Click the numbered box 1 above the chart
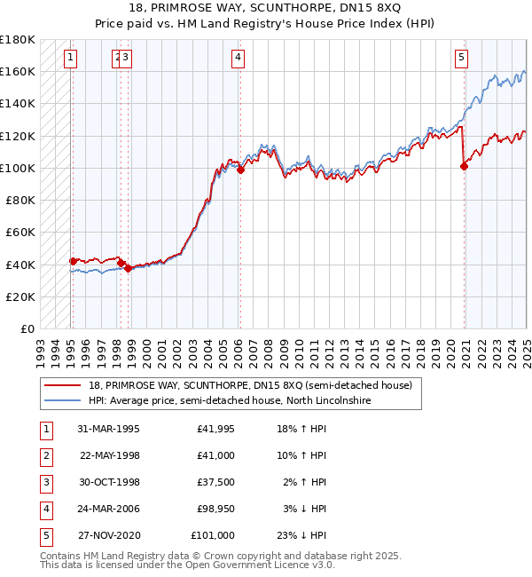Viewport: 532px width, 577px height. coord(70,59)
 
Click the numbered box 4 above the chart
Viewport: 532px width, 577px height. coord(239,59)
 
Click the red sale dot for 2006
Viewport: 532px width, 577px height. coord(240,169)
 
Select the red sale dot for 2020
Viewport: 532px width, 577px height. coord(464,166)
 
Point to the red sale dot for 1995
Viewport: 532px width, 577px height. coord(73,261)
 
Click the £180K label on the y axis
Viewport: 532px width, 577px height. coord(18,39)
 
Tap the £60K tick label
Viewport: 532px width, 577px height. coord(20,233)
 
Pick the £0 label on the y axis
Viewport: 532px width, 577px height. coord(27,329)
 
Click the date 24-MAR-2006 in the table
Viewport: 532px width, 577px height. coord(109,509)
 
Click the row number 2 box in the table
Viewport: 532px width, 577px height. coord(45,455)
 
